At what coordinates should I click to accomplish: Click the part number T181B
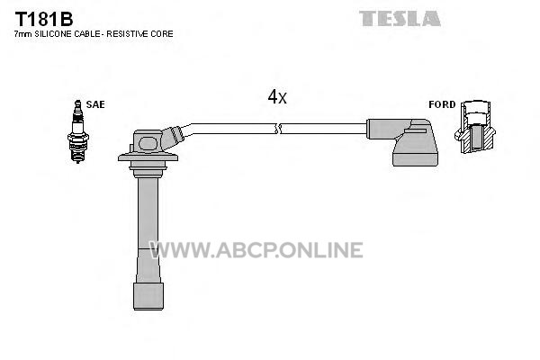tap(44, 19)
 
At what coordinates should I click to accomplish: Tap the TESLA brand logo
tap(400, 18)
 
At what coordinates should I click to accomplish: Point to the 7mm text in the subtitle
tap(23, 34)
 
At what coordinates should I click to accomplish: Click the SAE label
tap(95, 104)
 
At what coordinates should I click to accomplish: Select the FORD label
tap(442, 104)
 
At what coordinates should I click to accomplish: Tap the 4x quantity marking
tap(277, 97)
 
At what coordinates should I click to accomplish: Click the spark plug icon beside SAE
tap(78, 131)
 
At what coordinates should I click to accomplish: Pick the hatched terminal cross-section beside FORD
tap(475, 127)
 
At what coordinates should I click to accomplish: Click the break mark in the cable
tap(278, 129)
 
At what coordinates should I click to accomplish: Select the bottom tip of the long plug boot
tap(148, 309)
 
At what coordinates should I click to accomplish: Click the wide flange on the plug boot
tap(148, 157)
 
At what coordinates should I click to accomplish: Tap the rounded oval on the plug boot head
tap(148, 143)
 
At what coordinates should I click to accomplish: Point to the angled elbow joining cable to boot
tap(172, 137)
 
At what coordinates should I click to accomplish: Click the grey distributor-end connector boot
tap(407, 141)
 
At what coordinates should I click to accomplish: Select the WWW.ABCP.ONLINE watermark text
tap(256, 250)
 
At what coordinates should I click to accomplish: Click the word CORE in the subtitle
tap(163, 34)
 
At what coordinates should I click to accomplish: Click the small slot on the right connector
tap(416, 130)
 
